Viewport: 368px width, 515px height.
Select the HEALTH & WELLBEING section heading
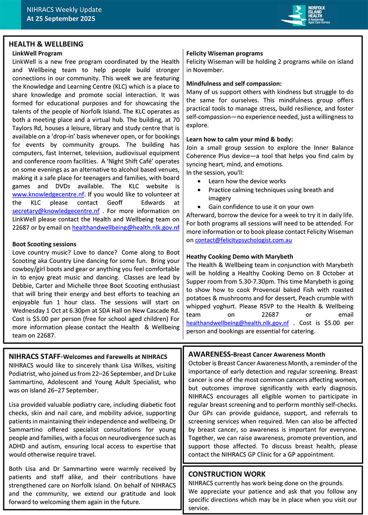(x=46, y=44)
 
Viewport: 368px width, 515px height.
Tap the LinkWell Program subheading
(x=37, y=53)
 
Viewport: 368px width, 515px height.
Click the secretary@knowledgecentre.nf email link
(x=56, y=211)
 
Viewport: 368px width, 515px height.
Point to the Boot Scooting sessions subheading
(x=44, y=244)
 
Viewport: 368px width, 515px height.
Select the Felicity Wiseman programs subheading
(x=224, y=53)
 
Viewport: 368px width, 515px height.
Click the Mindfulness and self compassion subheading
(x=234, y=83)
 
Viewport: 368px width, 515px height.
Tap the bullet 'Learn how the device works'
(x=247, y=181)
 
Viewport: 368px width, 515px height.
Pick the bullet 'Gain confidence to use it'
(x=261, y=207)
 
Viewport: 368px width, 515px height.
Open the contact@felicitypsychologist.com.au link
(x=243, y=240)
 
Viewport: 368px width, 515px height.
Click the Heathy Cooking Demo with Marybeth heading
(x=240, y=256)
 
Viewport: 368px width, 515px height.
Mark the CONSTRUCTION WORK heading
(x=227, y=474)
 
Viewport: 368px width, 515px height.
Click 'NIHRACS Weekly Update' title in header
(x=64, y=10)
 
